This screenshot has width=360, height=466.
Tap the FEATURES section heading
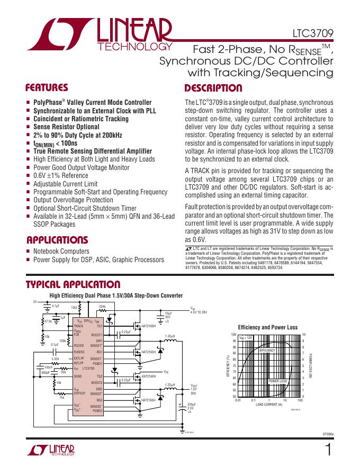47,88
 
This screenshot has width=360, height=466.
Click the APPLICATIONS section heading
57,239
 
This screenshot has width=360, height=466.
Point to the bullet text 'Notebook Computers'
61,252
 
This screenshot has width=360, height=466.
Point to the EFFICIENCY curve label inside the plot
267,351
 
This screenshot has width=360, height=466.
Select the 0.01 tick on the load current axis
238,400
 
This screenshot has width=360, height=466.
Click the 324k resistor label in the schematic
103,306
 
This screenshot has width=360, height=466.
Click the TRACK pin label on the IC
78,326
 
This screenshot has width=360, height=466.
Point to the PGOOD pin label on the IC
79,345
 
